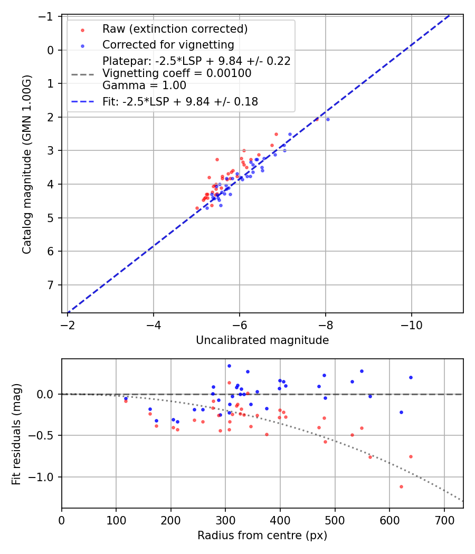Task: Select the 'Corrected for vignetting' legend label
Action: pos(168,44)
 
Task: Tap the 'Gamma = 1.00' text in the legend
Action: pos(144,85)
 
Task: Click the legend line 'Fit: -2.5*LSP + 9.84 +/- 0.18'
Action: pos(180,102)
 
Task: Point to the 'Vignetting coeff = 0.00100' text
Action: pos(176,73)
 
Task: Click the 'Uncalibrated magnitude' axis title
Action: pos(262,340)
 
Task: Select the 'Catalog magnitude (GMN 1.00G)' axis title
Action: pos(27,165)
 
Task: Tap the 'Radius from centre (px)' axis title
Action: pos(262,536)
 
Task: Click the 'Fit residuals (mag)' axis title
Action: pos(16,433)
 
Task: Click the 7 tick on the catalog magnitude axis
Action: pos(51,285)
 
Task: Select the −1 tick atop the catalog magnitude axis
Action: pos(47,16)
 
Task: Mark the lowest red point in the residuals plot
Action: pos(401,486)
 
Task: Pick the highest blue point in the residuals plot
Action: pos(229,366)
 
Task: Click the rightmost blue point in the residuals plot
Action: pos(411,377)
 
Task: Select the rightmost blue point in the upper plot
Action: pos(328,119)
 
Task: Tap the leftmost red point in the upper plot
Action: pos(197,208)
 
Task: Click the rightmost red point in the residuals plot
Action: pos(411,456)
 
